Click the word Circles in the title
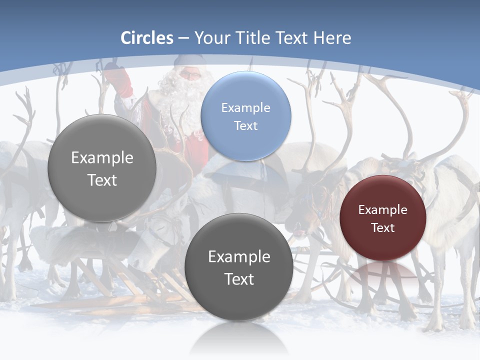[x=146, y=38]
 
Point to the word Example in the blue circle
[x=245, y=108]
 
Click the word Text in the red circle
[x=383, y=228]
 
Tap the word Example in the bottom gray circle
[x=239, y=257]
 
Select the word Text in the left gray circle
[x=102, y=180]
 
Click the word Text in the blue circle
[x=245, y=126]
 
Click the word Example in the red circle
[x=383, y=210]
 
